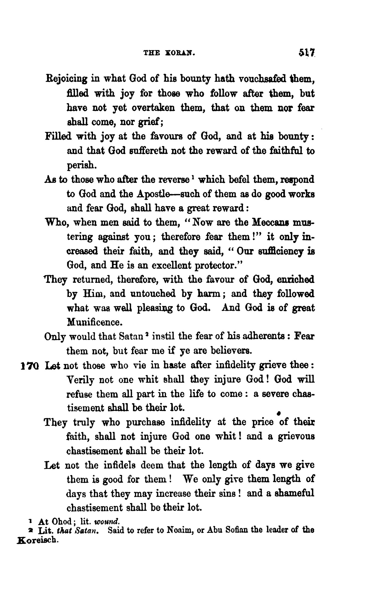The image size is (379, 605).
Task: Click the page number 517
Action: [307, 52]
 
